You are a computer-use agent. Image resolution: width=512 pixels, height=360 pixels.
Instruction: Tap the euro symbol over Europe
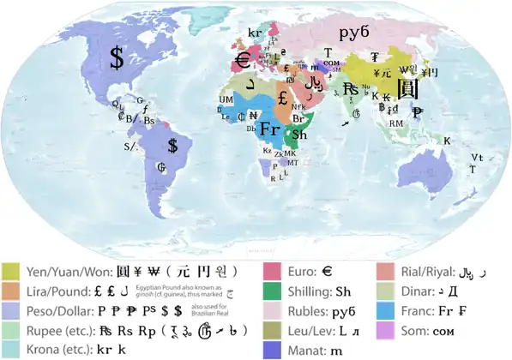pos(243,61)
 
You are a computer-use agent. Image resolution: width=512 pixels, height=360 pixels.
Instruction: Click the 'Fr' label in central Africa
pos(270,129)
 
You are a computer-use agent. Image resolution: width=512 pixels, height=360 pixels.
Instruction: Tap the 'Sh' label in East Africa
pos(299,135)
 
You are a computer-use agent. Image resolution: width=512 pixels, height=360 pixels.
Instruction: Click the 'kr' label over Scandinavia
pos(255,33)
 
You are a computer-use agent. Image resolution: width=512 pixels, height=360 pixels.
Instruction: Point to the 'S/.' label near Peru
pos(130,146)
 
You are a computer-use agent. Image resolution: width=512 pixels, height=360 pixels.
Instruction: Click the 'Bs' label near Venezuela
pos(149,121)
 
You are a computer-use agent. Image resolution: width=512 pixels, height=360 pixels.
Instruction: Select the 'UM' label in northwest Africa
pos(226,100)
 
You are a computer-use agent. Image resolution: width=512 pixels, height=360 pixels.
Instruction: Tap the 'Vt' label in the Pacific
pos(476,158)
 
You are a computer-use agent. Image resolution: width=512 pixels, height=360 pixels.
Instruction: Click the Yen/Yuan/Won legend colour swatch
pos(13,272)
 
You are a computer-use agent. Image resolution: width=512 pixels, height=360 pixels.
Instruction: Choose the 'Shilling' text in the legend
pos(310,291)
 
